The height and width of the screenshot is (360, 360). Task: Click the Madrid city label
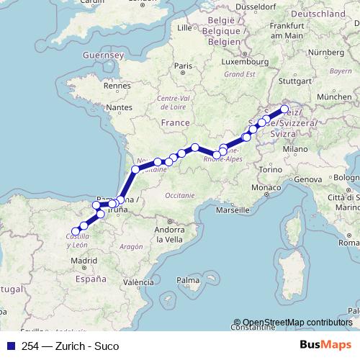[x=84, y=260]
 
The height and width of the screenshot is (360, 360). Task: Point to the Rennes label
[x=116, y=85]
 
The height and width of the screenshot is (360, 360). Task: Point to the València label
[x=138, y=282]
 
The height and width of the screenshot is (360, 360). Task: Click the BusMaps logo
[x=330, y=346]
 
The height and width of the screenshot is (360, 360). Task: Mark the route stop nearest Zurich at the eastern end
[x=284, y=110]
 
